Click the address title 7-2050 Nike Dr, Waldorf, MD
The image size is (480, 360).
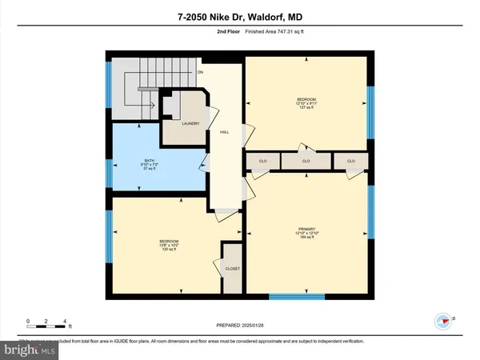(239, 15)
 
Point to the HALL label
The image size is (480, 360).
(226, 132)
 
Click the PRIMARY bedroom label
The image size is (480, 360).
(307, 232)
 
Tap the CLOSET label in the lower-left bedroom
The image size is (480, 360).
(233, 269)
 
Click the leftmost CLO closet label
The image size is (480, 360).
(262, 161)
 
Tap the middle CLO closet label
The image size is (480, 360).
(306, 161)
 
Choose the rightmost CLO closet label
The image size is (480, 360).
(351, 161)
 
